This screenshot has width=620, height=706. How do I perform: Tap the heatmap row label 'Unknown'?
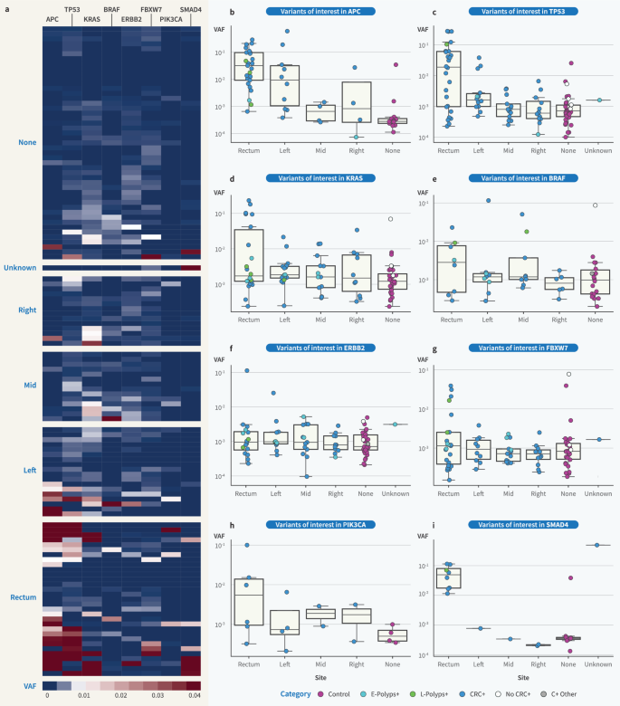[19, 268]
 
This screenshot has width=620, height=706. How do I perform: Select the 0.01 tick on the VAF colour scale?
[83, 695]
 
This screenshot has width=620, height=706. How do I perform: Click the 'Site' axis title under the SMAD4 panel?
[522, 676]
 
